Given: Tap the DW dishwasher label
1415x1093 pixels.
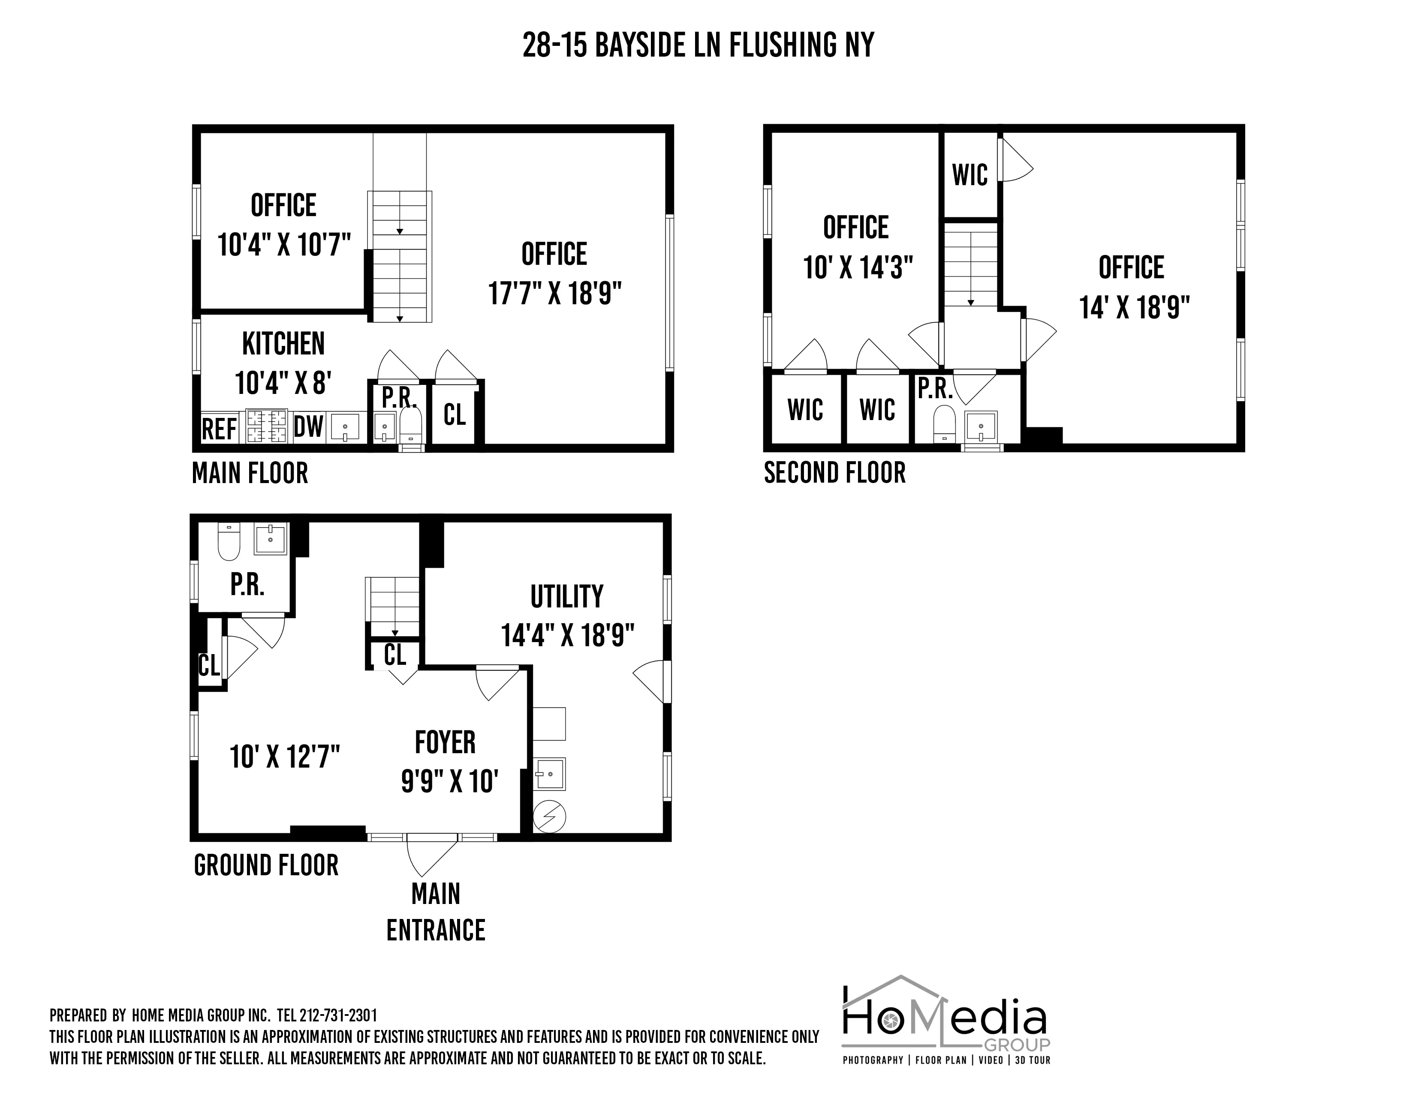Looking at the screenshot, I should (308, 427).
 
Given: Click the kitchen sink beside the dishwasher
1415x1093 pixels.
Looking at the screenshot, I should (345, 427).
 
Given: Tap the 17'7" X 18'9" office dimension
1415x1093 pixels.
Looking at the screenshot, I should (554, 293).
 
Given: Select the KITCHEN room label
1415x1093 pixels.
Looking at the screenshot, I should (283, 343).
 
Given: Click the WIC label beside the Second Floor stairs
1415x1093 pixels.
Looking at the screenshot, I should (970, 175).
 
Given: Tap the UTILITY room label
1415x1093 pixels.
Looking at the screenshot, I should (567, 596).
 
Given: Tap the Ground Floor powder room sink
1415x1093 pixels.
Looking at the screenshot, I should (270, 539).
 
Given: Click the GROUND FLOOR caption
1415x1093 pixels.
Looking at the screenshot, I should (266, 866).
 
